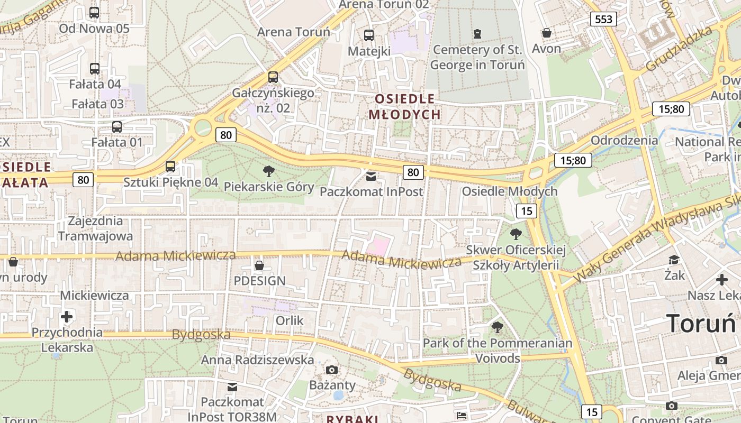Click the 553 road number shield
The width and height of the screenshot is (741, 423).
(603, 20)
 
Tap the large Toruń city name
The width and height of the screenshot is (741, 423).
(702, 323)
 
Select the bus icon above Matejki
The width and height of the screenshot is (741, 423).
(369, 35)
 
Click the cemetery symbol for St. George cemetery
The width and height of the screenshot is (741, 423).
(478, 34)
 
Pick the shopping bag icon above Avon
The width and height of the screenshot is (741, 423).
(547, 33)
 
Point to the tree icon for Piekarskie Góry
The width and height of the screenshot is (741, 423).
(269, 171)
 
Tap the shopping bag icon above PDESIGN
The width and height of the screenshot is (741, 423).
(259, 265)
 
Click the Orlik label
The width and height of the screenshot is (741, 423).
(290, 320)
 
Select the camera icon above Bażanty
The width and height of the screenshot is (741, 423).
(332, 370)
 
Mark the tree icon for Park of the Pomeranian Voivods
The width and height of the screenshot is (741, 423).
(497, 327)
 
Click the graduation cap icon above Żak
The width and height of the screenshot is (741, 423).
(674, 260)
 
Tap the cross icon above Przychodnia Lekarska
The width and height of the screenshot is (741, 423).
(67, 317)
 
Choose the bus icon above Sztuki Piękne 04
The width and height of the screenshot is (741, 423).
(170, 167)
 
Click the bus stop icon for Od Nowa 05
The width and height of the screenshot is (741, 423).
(94, 13)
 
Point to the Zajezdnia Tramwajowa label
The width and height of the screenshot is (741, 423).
(95, 228)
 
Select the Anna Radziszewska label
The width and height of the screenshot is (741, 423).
(257, 360)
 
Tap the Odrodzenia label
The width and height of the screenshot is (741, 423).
(624, 141)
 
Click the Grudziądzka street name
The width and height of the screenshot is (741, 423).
(679, 49)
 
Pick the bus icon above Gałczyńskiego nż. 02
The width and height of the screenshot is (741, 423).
(273, 77)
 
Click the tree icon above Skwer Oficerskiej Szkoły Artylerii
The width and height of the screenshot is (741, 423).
(516, 234)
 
